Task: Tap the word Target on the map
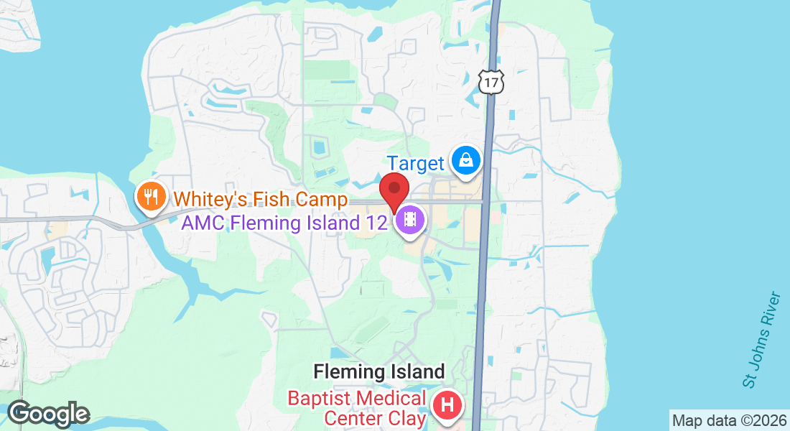point(416,163)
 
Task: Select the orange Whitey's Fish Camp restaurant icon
point(151,195)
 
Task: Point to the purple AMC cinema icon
point(410,219)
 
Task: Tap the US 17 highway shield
point(491,83)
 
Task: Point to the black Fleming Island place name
point(379,372)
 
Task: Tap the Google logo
point(48,414)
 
